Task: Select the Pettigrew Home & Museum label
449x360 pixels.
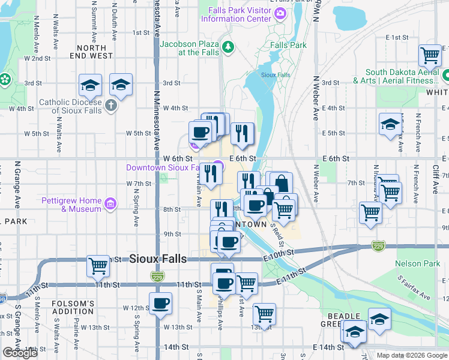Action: coord(71,205)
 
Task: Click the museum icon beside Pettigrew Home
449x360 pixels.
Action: coord(110,205)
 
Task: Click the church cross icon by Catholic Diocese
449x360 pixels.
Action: coord(110,106)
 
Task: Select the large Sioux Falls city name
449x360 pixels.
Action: coord(158,259)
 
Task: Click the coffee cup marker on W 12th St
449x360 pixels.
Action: coord(160,304)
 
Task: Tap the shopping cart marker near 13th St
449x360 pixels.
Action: coord(264,313)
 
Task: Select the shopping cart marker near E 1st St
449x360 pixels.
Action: coord(430,56)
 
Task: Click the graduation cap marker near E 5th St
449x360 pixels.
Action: coord(390,124)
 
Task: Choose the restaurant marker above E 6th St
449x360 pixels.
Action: coord(242,134)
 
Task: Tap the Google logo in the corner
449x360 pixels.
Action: coord(20,353)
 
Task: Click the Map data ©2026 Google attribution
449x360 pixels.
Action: coord(411,355)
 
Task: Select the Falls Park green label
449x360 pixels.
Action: coord(288,45)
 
